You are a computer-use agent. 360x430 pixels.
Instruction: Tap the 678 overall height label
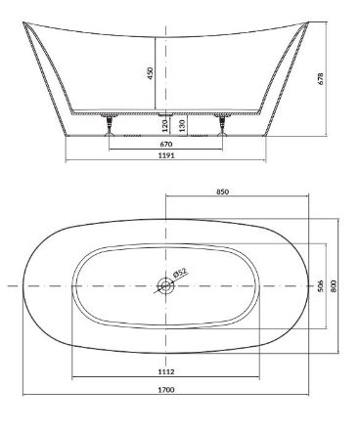[x=321, y=78]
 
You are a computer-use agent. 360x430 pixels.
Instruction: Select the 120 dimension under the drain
[x=164, y=125]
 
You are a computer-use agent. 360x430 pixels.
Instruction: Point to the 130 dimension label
[x=182, y=125]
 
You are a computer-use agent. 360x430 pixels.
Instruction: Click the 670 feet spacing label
[x=166, y=144]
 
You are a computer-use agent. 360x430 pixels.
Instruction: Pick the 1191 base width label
[x=166, y=155]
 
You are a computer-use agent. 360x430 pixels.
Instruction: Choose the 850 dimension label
[x=223, y=192]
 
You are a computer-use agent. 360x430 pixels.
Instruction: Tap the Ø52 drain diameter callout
[x=180, y=273]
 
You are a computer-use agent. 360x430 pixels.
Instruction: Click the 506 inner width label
[x=320, y=285]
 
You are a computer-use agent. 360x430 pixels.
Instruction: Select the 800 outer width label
[x=333, y=286]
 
